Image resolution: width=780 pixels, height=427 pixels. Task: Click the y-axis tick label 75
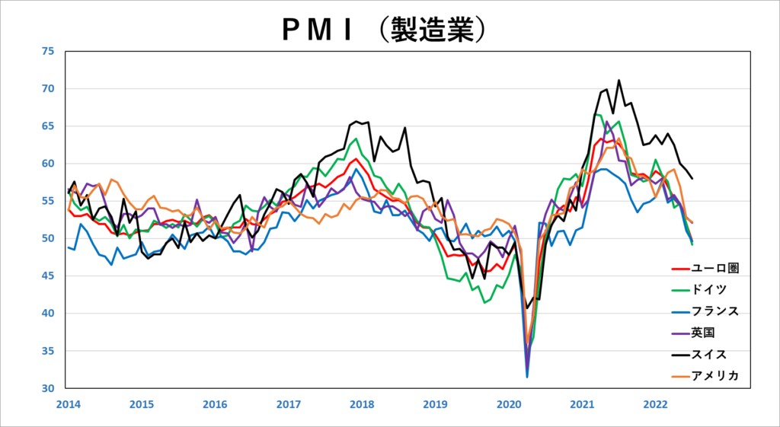coord(49,52)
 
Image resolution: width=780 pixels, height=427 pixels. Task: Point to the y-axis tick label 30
coord(49,388)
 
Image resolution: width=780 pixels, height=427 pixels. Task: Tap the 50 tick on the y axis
coord(49,238)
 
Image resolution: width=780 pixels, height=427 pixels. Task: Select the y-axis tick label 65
coord(49,126)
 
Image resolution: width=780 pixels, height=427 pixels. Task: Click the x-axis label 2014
coord(67,404)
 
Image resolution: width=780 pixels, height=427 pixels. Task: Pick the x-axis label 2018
coord(361,404)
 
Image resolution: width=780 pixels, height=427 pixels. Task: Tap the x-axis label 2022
coord(656,404)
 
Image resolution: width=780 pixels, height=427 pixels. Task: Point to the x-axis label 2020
coord(508,404)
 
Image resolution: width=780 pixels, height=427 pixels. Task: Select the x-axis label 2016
coord(214,404)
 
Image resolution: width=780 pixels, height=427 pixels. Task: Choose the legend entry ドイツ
coord(710,289)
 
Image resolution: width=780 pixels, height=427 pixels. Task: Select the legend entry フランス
coord(715,311)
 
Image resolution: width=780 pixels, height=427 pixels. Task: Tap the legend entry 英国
coord(705,333)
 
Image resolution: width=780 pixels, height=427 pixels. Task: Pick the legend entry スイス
coord(710,354)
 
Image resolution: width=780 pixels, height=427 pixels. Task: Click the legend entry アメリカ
coord(715,376)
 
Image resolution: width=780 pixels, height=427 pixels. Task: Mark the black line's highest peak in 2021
coord(619,80)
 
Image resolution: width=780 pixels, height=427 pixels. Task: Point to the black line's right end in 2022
coord(692,178)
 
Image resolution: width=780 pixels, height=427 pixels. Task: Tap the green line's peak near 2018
coord(356,139)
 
